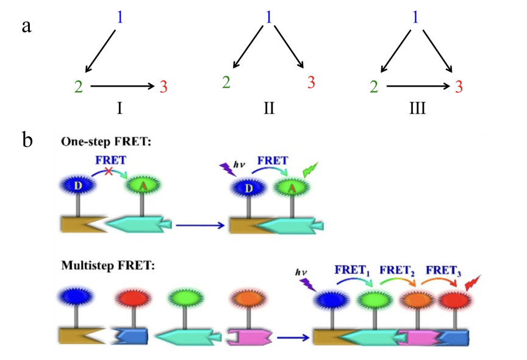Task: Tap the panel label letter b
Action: [x=27, y=141]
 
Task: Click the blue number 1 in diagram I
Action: [x=120, y=18]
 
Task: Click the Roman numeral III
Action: [x=418, y=110]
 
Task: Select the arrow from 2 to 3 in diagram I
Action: [x=122, y=87]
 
